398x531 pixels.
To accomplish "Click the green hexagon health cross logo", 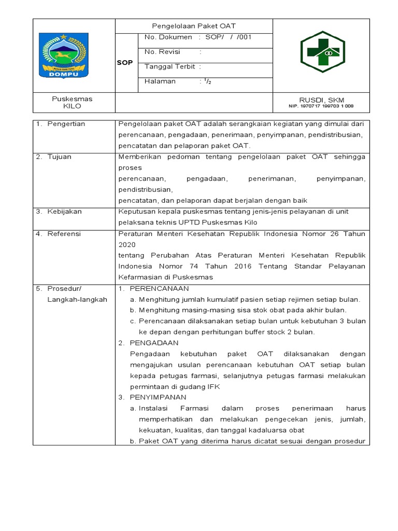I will pos(321,53).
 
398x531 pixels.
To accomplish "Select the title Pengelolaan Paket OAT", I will pos(193,26).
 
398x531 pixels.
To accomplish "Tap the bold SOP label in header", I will pos(126,63).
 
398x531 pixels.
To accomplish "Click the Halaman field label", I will pos(160,81).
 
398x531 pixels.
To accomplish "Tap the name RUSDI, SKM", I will pos(321,100).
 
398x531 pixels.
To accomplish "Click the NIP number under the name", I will pos(321,106).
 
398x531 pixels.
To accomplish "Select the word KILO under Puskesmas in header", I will pos(72,106).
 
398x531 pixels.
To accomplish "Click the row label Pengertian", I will pos(66,124).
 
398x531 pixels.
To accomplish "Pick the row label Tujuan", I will pos(60,157).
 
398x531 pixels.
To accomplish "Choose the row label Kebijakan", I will pos(64,212).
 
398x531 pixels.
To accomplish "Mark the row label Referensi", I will pos(64,234).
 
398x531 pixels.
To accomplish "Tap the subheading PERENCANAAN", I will pos(159,288).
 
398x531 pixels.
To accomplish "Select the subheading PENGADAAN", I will pos(154,343).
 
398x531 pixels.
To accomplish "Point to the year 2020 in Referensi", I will pos(127,244).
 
